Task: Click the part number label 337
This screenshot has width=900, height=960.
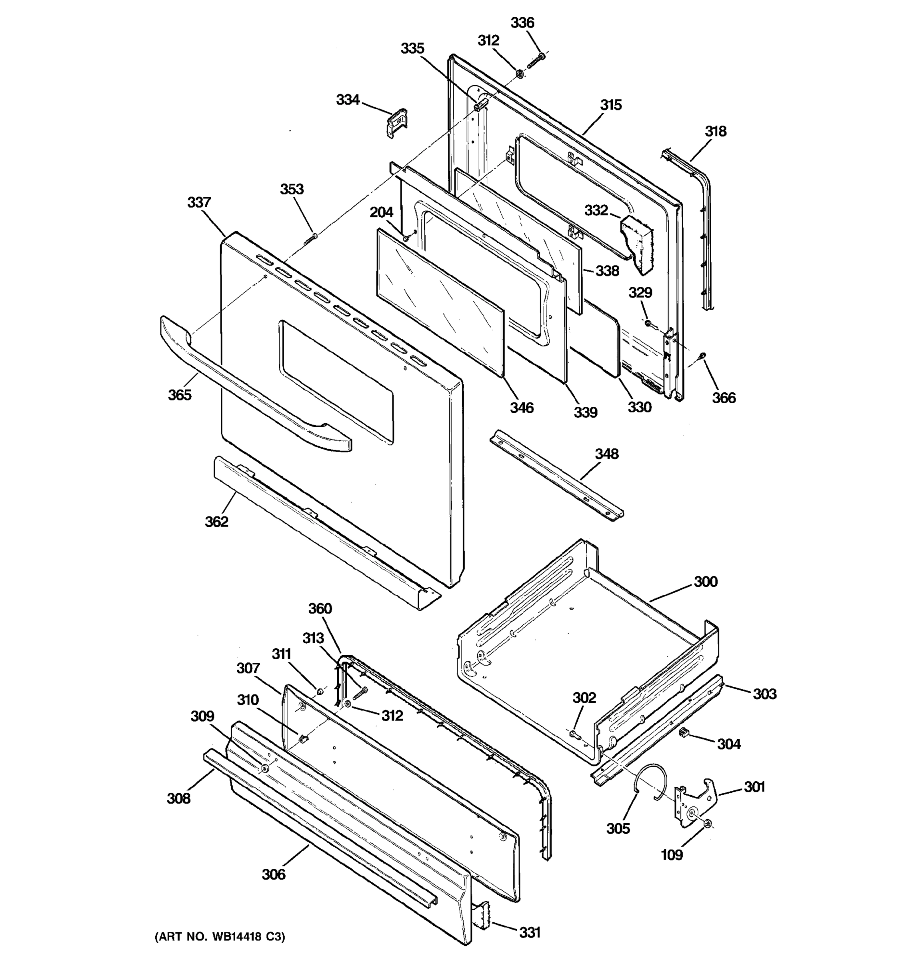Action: coord(199,202)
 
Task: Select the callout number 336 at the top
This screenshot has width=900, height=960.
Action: coord(522,23)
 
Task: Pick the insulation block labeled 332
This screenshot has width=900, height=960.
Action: coord(636,242)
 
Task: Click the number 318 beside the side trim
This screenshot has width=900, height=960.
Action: coord(715,131)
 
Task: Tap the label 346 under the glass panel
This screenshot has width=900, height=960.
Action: coord(522,408)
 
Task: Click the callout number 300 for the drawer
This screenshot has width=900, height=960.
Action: coord(706,582)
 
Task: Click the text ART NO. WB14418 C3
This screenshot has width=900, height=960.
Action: coord(220,937)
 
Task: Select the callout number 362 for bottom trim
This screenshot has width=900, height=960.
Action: coord(216,522)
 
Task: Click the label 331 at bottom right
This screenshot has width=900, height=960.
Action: coord(530,932)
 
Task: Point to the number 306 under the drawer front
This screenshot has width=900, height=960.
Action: coord(273,874)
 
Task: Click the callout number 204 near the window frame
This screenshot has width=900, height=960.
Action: coord(382,212)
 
